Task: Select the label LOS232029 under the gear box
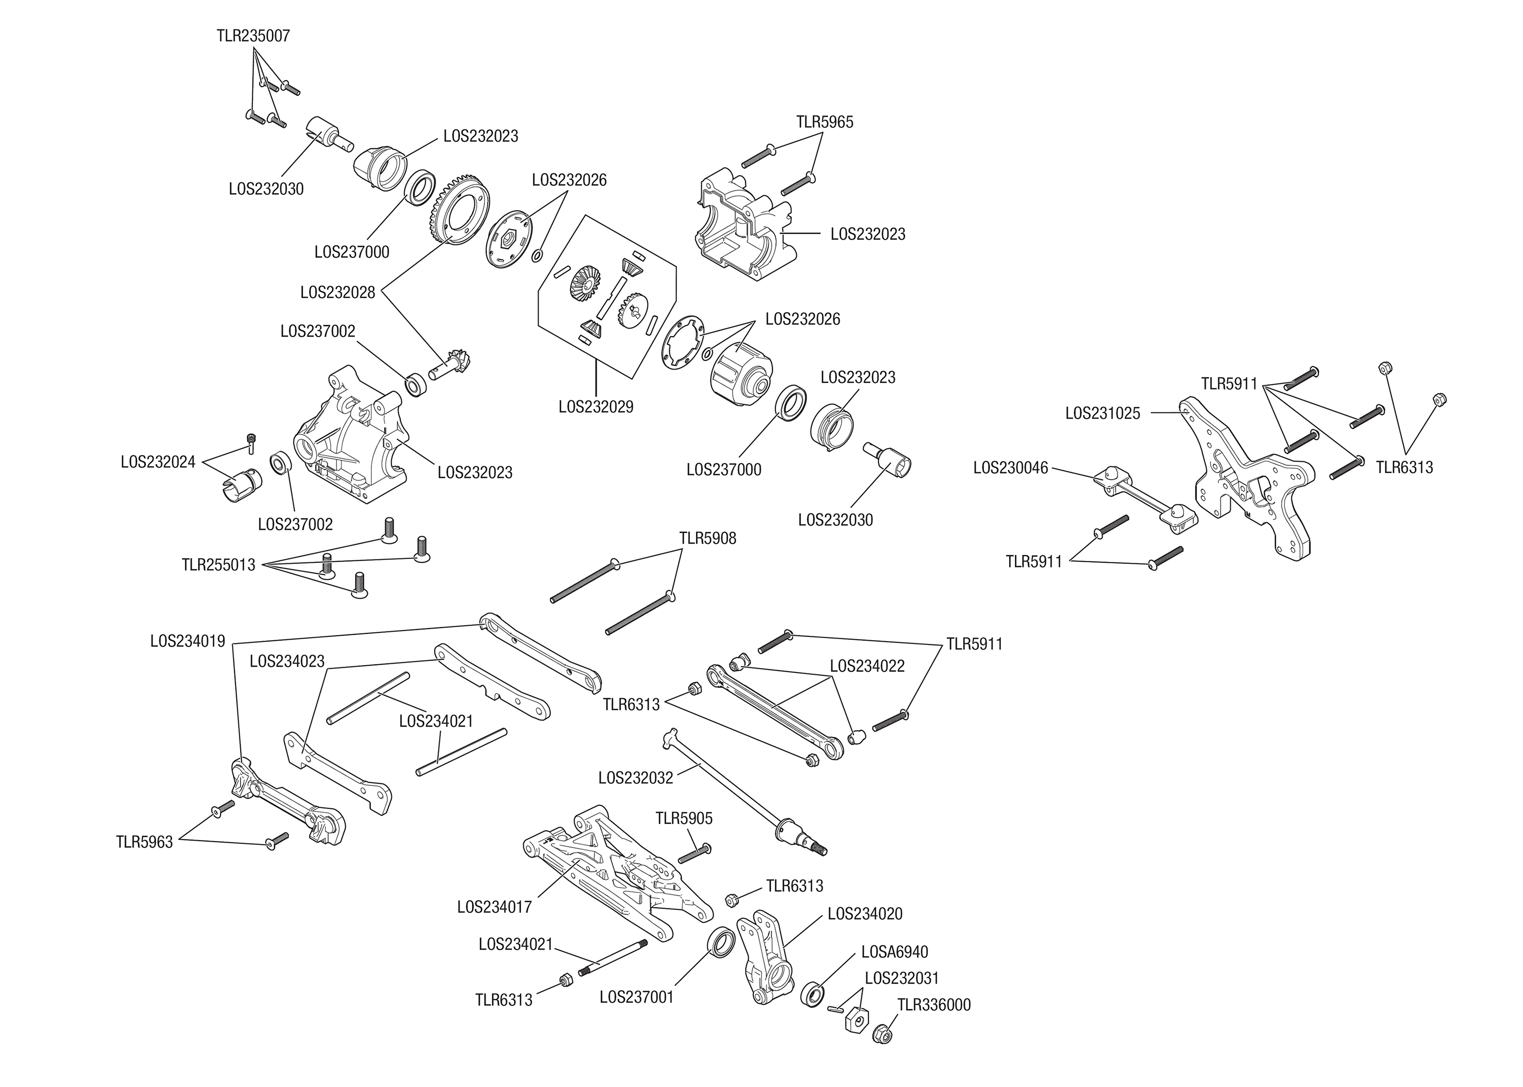pos(595,406)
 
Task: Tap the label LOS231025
pos(1102,413)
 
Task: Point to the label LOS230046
pos(1010,467)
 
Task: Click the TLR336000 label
pos(934,1005)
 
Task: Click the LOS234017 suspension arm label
pos(494,907)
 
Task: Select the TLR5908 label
pos(707,538)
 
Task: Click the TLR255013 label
pos(219,565)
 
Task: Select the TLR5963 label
pos(144,842)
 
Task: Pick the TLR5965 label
pos(824,123)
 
